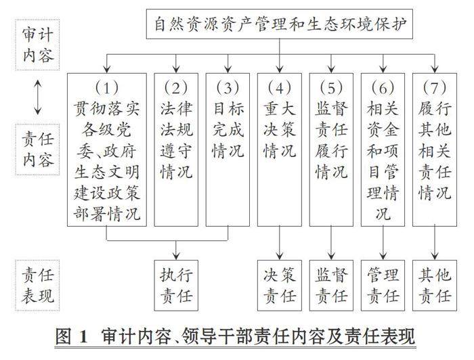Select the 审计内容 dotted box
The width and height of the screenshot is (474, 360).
pyautogui.click(x=37, y=45)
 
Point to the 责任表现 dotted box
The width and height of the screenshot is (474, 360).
pyautogui.click(x=37, y=284)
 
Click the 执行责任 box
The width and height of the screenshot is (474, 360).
pyautogui.click(x=176, y=285)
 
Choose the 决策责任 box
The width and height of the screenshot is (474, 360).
pyautogui.click(x=280, y=285)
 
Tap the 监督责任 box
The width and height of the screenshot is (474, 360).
pyautogui.click(x=331, y=285)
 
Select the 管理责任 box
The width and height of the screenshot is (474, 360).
pyautogui.click(x=383, y=285)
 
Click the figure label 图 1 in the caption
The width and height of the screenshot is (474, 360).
pyautogui.click(x=77, y=336)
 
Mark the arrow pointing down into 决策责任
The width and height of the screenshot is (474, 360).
pyautogui.click(x=280, y=244)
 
